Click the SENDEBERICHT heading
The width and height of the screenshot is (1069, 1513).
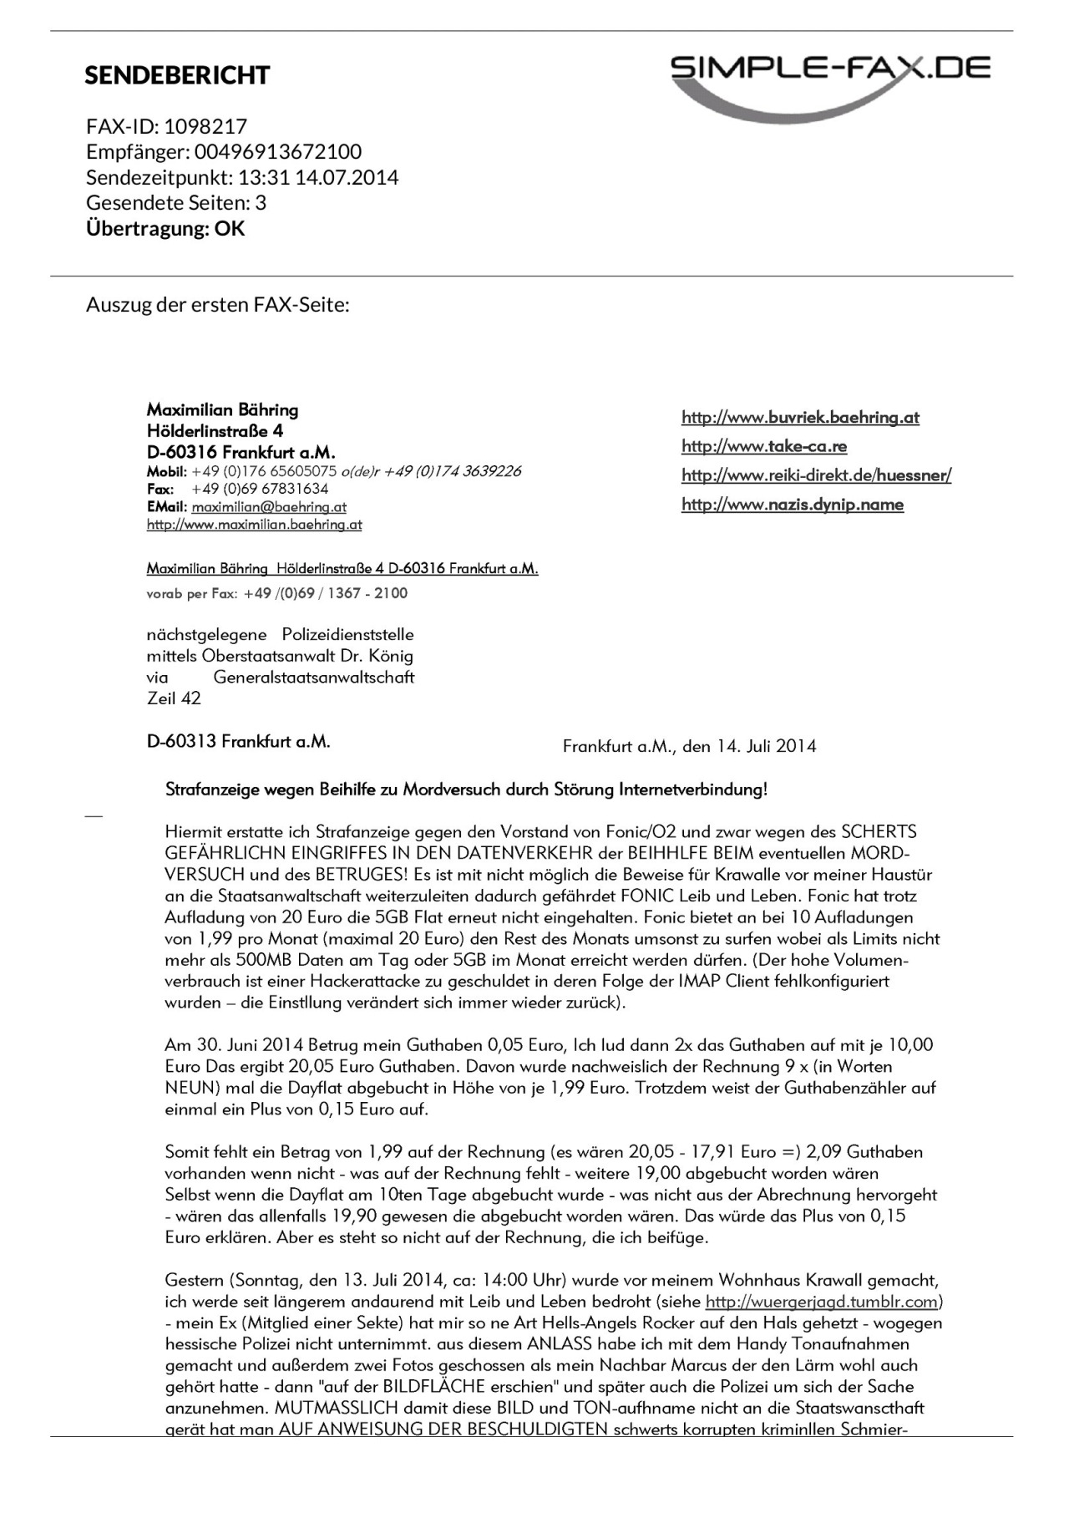coord(177,75)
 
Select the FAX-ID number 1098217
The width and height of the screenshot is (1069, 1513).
coord(205,126)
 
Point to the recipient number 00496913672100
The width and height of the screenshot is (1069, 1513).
coord(278,151)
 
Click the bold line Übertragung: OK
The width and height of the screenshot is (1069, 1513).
coord(165,228)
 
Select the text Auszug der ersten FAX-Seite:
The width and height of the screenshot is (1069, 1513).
coord(217,304)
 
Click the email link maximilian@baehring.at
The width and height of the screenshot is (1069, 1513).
coord(269,506)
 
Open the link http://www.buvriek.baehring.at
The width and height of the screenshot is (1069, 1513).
coord(800,417)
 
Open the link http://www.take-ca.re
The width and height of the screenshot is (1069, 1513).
coord(764,446)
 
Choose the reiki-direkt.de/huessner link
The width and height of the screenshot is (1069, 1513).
coord(816,475)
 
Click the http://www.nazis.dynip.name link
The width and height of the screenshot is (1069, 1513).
coord(793,505)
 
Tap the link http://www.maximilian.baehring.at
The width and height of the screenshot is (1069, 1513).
coord(254,525)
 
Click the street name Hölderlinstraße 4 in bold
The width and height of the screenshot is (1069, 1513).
coord(215,431)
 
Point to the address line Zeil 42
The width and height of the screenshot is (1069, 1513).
coord(174,698)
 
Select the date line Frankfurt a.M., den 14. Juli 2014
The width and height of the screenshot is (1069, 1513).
coord(689,746)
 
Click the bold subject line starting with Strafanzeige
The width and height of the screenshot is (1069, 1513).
coord(466,790)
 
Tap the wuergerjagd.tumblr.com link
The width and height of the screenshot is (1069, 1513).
coord(822,1302)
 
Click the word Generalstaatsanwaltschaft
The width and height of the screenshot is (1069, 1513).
coord(314,677)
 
